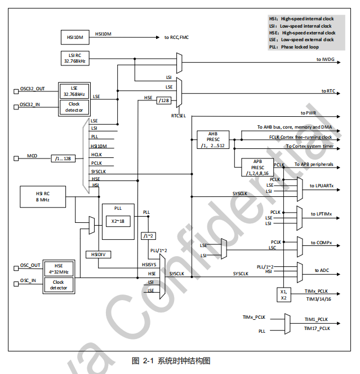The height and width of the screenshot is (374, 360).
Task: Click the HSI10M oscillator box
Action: tap(75, 37)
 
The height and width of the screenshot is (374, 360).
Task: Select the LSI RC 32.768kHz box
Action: tap(75, 58)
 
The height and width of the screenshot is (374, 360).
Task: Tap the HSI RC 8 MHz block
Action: tap(43, 197)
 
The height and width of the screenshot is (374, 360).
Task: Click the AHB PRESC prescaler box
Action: tap(213, 140)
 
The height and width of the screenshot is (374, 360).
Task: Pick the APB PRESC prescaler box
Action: tap(257, 167)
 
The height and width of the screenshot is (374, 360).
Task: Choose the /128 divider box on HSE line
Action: tap(164, 100)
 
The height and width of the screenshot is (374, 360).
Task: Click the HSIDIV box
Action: tap(98, 254)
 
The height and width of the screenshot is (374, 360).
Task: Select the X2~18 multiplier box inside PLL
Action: tap(118, 221)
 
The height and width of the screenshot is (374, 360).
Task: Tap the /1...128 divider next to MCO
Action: tap(63, 159)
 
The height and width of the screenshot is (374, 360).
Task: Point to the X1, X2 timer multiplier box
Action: tap(284, 295)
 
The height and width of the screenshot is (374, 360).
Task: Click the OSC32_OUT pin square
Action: tap(16, 91)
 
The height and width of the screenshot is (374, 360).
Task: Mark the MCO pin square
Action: tap(16, 159)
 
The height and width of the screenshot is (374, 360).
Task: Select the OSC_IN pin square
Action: tap(16, 284)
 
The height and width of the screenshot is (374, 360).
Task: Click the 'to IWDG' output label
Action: tap(326, 59)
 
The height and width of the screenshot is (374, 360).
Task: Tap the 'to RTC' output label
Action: tap(328, 91)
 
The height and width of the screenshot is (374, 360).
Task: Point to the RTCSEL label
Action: tap(179, 116)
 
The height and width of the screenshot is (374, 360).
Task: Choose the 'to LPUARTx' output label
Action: tap(322, 186)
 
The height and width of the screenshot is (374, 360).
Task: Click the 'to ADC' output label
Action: tap(322, 270)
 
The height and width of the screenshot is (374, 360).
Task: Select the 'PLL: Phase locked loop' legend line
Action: tap(294, 47)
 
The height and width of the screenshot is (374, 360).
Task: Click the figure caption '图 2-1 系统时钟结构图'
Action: tap(171, 360)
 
